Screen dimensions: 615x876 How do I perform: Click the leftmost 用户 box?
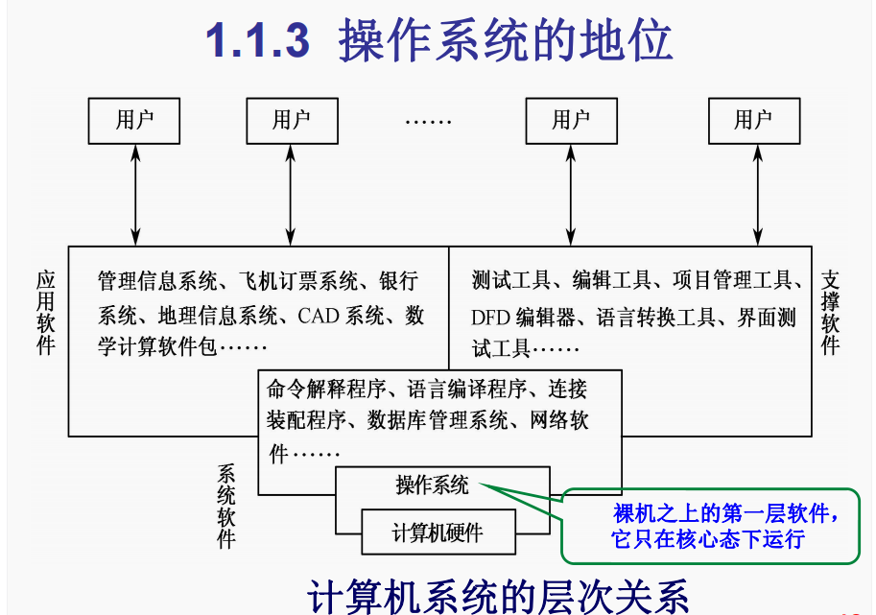(x=134, y=120)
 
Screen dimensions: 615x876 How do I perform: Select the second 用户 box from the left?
(x=292, y=120)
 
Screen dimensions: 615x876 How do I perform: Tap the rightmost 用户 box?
(x=753, y=120)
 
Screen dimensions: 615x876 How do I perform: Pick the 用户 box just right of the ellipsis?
(x=571, y=120)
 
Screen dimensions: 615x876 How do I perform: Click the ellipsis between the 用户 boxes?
(x=428, y=123)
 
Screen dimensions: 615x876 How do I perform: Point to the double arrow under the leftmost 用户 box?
(x=136, y=192)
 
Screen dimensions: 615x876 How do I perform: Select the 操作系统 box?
(x=433, y=485)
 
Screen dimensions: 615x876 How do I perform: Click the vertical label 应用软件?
(x=46, y=312)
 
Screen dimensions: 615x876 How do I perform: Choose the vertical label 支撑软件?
(x=831, y=312)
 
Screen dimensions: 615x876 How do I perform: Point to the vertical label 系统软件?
(x=226, y=506)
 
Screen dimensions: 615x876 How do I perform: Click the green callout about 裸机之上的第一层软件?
(x=710, y=526)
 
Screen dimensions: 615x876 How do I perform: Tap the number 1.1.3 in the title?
(x=258, y=41)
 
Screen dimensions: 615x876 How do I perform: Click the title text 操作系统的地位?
(x=506, y=41)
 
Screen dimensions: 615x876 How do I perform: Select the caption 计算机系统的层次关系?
(x=498, y=594)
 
